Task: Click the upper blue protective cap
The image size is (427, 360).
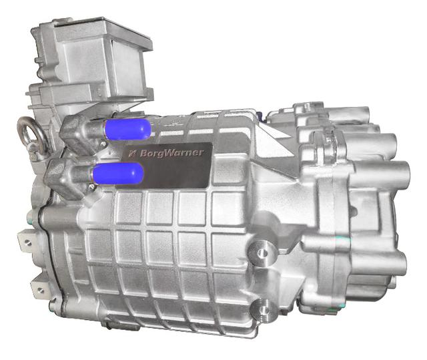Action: coord(127,130)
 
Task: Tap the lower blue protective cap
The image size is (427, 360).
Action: coord(118,174)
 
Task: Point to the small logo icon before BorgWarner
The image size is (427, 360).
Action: coord(133,153)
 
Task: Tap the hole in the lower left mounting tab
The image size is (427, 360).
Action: coord(41,290)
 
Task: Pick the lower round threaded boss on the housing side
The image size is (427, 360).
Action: coord(263,310)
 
